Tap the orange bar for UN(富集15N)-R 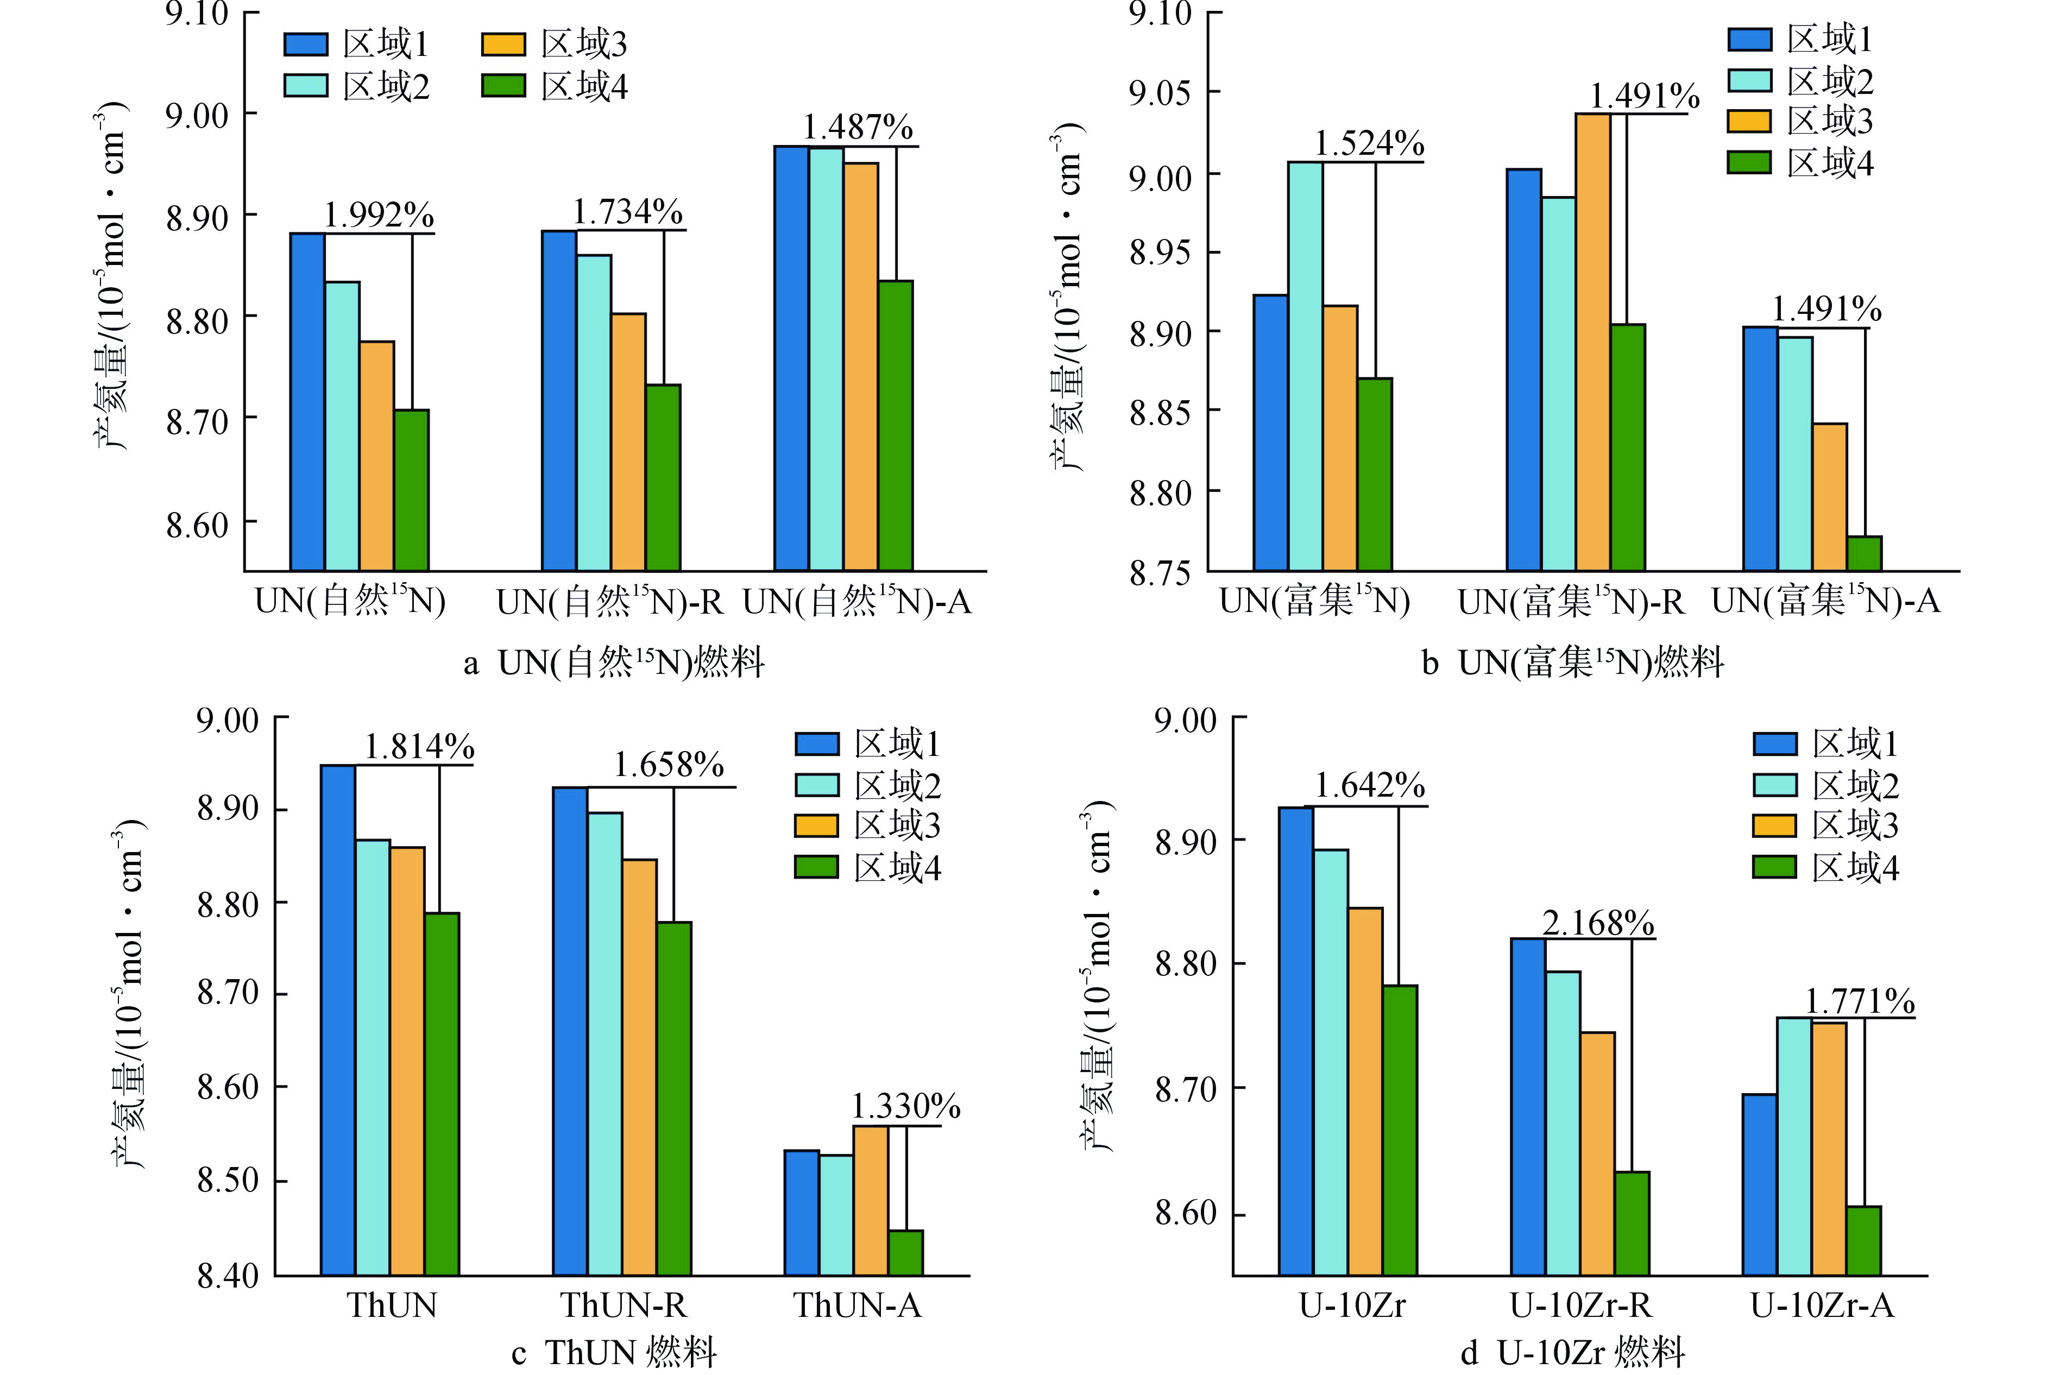pos(1592,342)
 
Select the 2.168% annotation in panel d pos(1598,923)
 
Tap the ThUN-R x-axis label pos(624,1305)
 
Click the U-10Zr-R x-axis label pos(1580,1305)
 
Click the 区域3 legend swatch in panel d pos(1774,825)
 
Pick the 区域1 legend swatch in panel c pos(816,743)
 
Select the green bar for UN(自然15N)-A pos(896,425)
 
